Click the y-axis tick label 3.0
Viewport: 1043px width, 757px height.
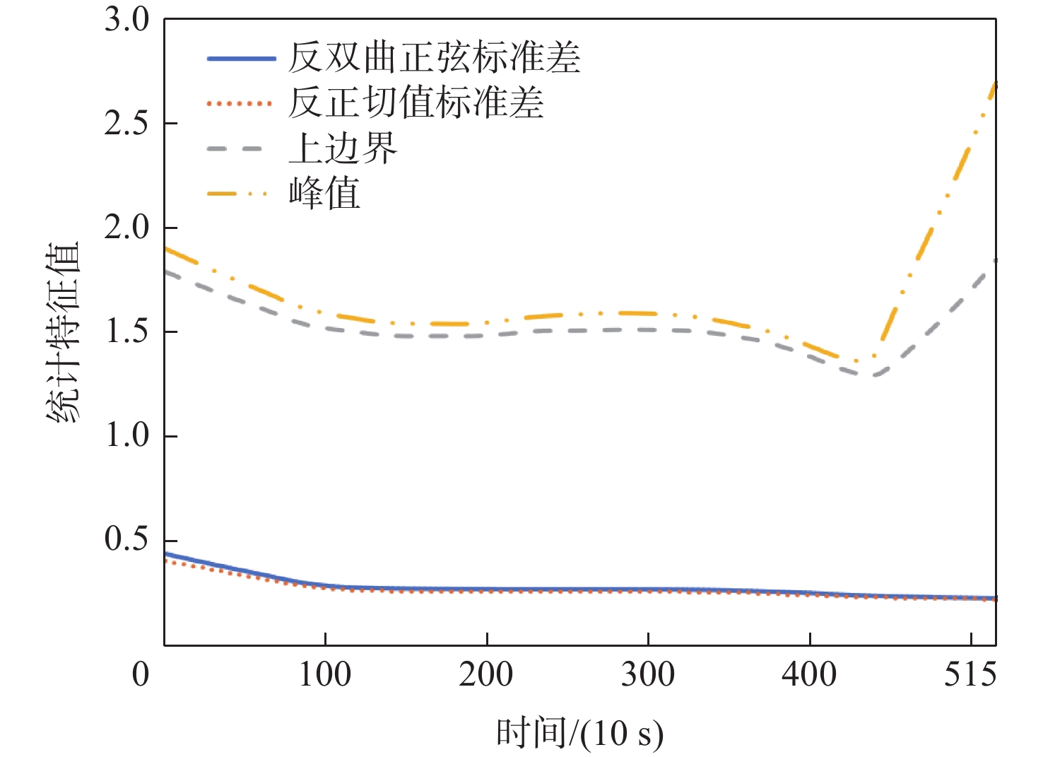coord(127,20)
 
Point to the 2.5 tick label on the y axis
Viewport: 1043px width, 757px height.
coord(127,124)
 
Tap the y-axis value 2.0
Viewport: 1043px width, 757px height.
coord(127,228)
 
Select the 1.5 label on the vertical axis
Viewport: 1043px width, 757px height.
coord(127,331)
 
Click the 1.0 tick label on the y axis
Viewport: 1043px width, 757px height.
coord(127,435)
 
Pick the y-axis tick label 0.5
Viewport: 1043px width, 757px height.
coord(127,539)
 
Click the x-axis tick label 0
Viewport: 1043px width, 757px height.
coord(141,674)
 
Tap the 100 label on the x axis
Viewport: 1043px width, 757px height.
coord(324,674)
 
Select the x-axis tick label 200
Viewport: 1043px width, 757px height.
coord(486,674)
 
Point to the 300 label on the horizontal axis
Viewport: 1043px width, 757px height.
coord(648,674)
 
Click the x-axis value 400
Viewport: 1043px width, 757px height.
coord(809,674)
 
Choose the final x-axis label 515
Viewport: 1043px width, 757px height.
coord(970,674)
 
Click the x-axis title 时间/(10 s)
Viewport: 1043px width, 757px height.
coord(579,733)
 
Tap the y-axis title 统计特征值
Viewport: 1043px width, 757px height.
coord(64,332)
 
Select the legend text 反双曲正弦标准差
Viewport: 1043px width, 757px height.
coord(435,58)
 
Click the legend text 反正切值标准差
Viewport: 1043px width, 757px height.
coord(416,103)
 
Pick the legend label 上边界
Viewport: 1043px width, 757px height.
coord(343,148)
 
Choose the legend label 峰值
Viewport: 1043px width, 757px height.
coord(324,193)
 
